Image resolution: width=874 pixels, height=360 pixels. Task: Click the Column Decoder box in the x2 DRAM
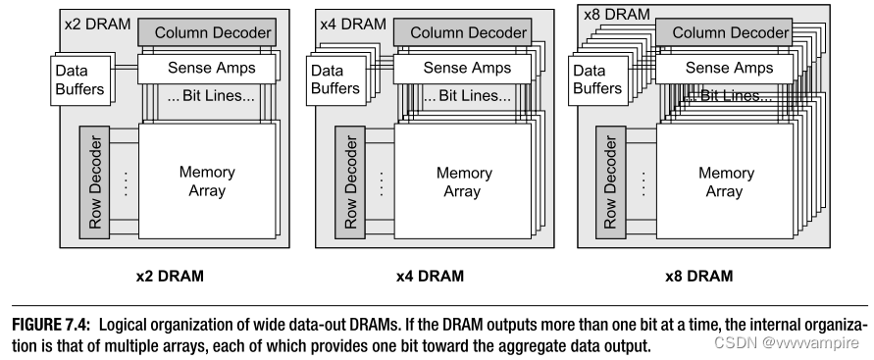205,33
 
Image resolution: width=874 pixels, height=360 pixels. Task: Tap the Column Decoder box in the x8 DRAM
731,33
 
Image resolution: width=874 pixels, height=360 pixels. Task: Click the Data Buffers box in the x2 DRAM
79,79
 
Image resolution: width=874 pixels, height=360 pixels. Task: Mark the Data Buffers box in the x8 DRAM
590,79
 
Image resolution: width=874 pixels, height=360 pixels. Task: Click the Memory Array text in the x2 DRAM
206,181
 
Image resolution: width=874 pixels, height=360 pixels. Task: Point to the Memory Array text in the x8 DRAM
726,181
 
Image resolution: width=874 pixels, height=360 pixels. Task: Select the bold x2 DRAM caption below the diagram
170,276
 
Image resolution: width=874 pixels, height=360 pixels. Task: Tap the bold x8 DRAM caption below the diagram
697,276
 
